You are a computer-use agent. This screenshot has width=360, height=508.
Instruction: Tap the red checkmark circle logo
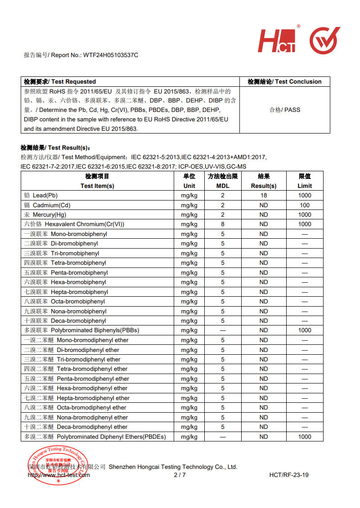(x=324, y=40)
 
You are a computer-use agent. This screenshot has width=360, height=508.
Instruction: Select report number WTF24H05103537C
(x=111, y=55)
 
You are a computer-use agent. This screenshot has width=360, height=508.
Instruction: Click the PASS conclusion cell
(x=284, y=110)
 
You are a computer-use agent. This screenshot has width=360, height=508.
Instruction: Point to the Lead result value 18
(x=264, y=196)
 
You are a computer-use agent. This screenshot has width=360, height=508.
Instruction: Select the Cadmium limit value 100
(x=305, y=205)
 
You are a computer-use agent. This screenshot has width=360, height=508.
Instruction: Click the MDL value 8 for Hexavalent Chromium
(x=222, y=224)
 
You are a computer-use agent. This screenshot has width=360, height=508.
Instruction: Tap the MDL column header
(x=222, y=181)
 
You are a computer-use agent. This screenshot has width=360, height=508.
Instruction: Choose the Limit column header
(x=305, y=181)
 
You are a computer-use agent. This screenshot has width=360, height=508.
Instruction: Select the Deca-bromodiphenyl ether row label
(x=76, y=427)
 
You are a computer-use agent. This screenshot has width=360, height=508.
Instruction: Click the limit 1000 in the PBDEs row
(x=305, y=437)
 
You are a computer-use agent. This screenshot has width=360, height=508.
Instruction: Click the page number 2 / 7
(x=180, y=475)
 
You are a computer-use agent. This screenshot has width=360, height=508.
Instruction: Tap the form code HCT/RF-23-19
(x=289, y=475)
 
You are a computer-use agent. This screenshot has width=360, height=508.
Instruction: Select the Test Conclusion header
(x=284, y=81)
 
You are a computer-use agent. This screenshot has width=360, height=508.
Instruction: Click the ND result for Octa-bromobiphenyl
(x=264, y=301)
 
